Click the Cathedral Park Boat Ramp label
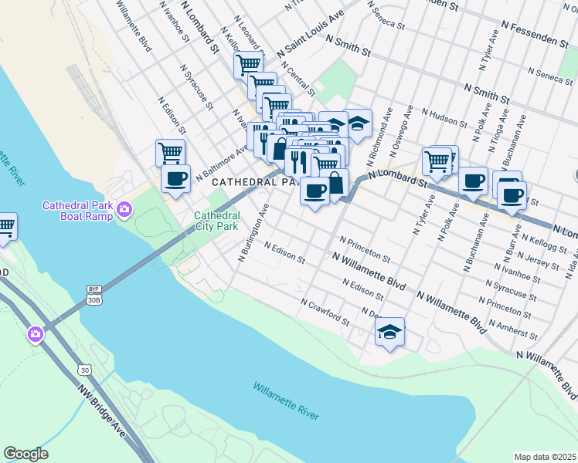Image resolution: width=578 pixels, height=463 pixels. pos(76,211)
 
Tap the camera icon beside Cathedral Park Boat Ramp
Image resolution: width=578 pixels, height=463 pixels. pos(124,209)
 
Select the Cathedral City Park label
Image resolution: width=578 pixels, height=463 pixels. pos(216,221)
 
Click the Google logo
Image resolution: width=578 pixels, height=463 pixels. pos(25,454)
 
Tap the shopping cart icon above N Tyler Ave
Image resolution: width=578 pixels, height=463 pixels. pos(437,161)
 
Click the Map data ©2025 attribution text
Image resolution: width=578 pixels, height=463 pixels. pos(546,457)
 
